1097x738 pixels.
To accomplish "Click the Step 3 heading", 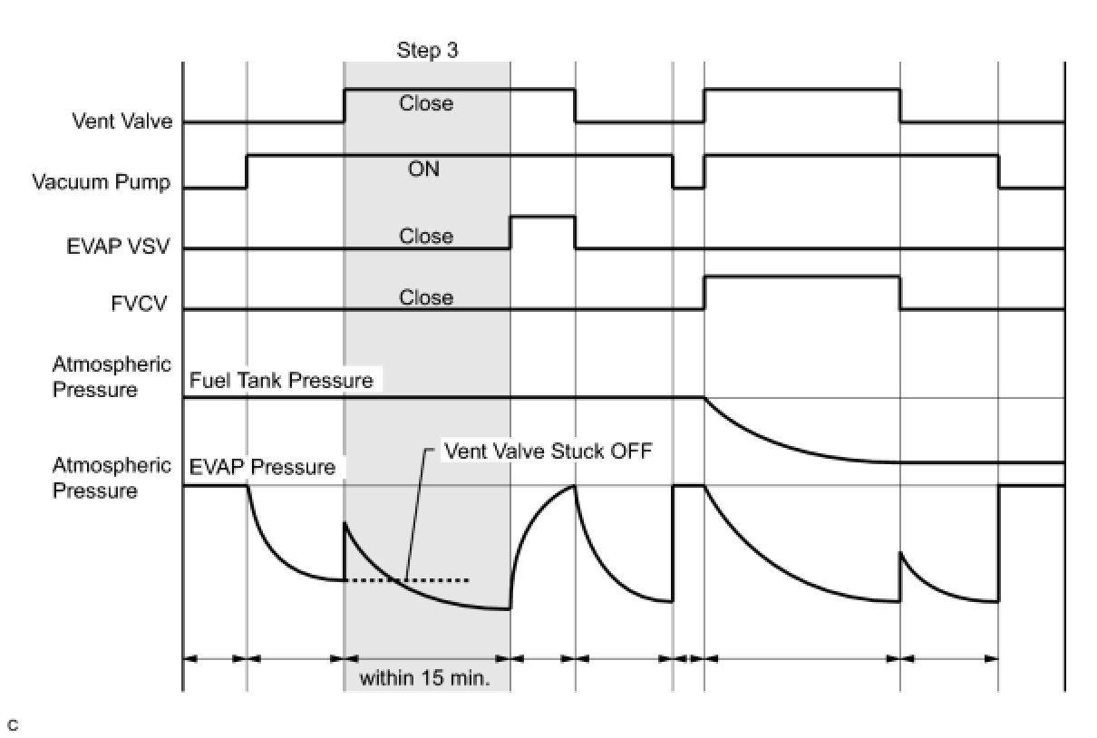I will pyautogui.click(x=427, y=50).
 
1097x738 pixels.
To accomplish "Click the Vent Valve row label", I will pyautogui.click(x=122, y=121).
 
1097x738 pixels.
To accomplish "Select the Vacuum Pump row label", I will pyautogui.click(x=102, y=182).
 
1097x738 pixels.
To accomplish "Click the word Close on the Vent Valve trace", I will pyautogui.click(x=426, y=103).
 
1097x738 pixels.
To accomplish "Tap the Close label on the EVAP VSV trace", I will pyautogui.click(x=426, y=236).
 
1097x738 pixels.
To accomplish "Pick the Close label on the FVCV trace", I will pyautogui.click(x=426, y=297).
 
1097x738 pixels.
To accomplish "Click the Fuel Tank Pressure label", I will pyautogui.click(x=281, y=381).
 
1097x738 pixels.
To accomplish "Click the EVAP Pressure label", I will pyautogui.click(x=263, y=468).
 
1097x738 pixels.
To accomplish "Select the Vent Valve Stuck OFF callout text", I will pyautogui.click(x=548, y=451).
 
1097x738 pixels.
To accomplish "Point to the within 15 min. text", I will pyautogui.click(x=425, y=678).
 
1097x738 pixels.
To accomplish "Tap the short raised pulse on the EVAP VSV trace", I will pyautogui.click(x=542, y=218).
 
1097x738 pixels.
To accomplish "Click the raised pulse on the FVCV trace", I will pyautogui.click(x=801, y=278).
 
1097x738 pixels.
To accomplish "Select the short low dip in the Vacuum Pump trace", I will pyautogui.click(x=688, y=188).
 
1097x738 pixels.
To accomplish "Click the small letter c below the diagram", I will pyautogui.click(x=12, y=724).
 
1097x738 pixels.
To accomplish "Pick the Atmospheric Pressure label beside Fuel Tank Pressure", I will pyautogui.click(x=112, y=377).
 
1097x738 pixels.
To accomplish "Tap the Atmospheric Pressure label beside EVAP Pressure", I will pyautogui.click(x=112, y=478).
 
